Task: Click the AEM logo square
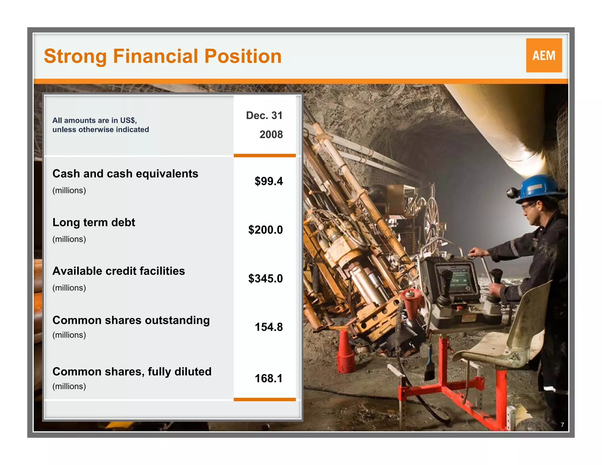[x=544, y=55]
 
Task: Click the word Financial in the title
[x=155, y=56]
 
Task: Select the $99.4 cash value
[x=268, y=181]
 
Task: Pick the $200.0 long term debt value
[x=265, y=230]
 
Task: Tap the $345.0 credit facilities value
[x=265, y=278]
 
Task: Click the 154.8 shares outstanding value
[x=268, y=327]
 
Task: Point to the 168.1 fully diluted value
[x=268, y=378]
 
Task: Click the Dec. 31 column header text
[x=264, y=116]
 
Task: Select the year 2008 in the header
[x=271, y=135]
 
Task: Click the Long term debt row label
[x=94, y=223]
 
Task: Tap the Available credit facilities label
[x=118, y=271]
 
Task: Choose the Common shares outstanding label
[x=131, y=320]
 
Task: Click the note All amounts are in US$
[x=95, y=120]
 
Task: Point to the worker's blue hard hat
[x=540, y=188]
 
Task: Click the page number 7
[x=562, y=425]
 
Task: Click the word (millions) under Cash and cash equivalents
[x=69, y=190]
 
